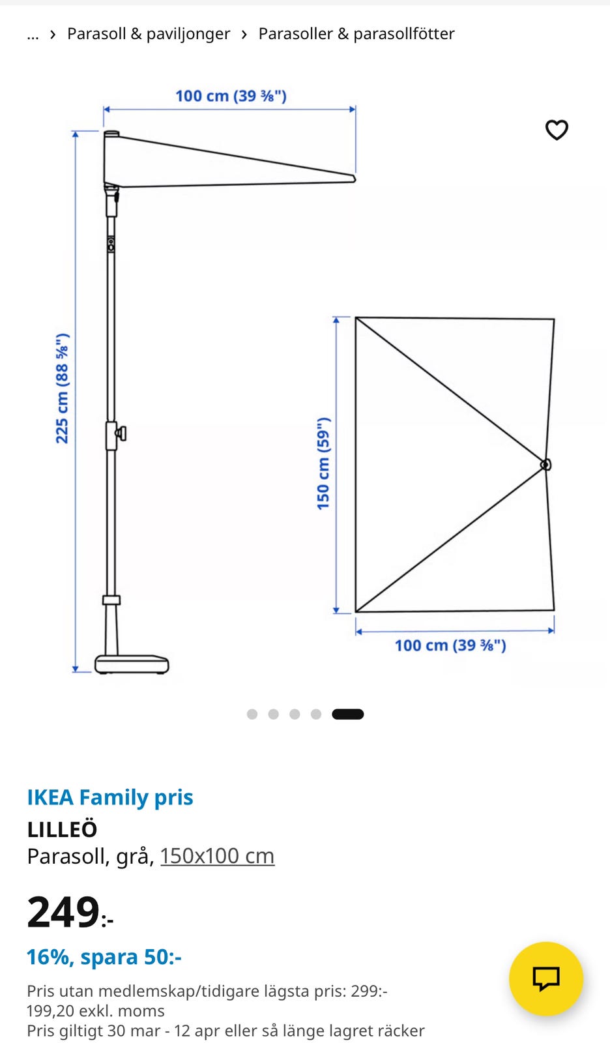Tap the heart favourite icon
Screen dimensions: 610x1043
557,130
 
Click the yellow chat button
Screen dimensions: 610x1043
545,978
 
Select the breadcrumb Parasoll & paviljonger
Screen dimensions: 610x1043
149,33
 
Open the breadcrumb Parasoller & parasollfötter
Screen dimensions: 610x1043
356,33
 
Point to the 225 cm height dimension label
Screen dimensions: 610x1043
62,389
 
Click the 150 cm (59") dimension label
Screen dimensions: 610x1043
323,463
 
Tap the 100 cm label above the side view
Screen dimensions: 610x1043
231,96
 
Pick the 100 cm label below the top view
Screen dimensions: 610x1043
450,645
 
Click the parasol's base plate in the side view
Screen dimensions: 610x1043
132,664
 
